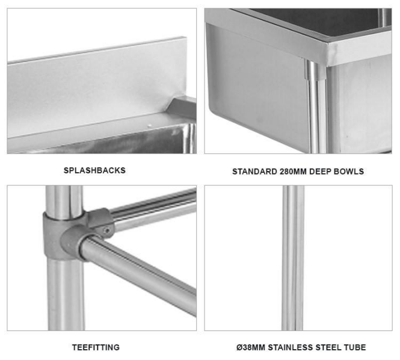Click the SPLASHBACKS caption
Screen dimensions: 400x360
click(x=94, y=170)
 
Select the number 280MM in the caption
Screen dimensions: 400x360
click(x=293, y=172)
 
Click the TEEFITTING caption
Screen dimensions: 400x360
click(x=96, y=347)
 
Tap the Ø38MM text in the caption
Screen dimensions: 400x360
click(x=251, y=347)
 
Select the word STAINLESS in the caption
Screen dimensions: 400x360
click(x=291, y=347)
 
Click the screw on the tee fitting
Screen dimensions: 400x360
click(x=108, y=231)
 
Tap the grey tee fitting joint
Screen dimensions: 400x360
click(x=74, y=235)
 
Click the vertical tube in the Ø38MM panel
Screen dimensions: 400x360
click(x=293, y=258)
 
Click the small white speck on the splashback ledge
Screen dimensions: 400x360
click(x=150, y=126)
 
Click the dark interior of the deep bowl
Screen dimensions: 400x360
click(x=314, y=20)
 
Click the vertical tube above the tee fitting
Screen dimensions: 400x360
click(x=64, y=202)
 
